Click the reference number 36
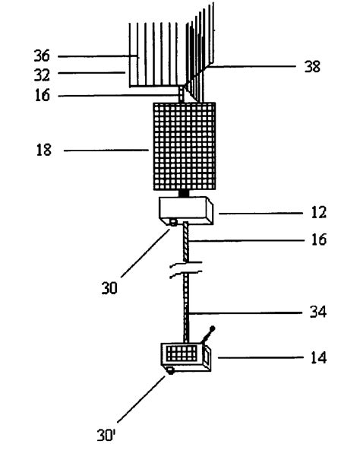pos(42,55)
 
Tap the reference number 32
pos(42,75)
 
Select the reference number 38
pos(312,66)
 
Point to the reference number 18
pos(44,150)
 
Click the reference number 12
pos(319,212)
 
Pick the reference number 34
pos(318,312)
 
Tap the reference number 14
pos(319,357)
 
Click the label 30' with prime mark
pos(106,435)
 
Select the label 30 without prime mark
pos(109,288)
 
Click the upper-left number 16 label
pos(43,95)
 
